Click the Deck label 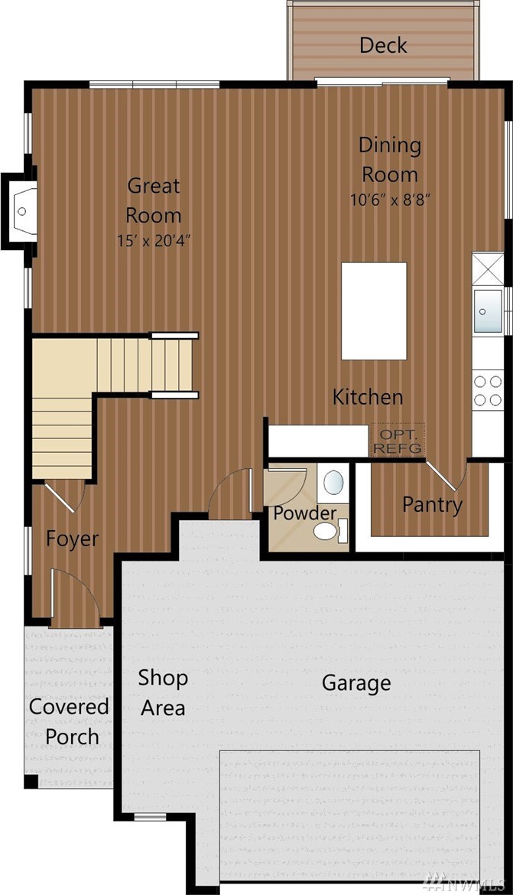pyautogui.click(x=383, y=45)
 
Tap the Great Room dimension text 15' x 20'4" pyautogui.click(x=154, y=241)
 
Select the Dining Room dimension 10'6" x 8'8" pyautogui.click(x=390, y=200)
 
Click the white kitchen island pyautogui.click(x=374, y=311)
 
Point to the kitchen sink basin pyautogui.click(x=488, y=311)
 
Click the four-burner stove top pyautogui.click(x=488, y=391)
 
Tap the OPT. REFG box pyautogui.click(x=398, y=440)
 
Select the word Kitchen pyautogui.click(x=368, y=397)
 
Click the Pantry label pyautogui.click(x=432, y=505)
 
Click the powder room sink pyautogui.click(x=333, y=483)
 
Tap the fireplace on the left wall pyautogui.click(x=21, y=211)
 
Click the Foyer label pyautogui.click(x=72, y=539)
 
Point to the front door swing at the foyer pyautogui.click(x=76, y=597)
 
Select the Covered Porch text pyautogui.click(x=70, y=721)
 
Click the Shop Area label pyautogui.click(x=163, y=693)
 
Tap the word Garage pyautogui.click(x=356, y=683)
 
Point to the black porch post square pyautogui.click(x=31, y=782)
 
